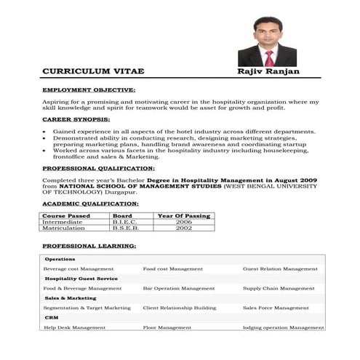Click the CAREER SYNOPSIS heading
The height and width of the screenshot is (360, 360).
click(x=76, y=119)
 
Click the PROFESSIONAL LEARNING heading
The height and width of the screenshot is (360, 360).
click(x=89, y=246)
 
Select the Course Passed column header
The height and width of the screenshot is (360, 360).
click(x=65, y=216)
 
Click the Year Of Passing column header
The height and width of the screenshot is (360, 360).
click(x=184, y=216)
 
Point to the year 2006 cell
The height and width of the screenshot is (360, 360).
click(x=184, y=222)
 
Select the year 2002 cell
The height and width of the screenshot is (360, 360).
click(x=184, y=228)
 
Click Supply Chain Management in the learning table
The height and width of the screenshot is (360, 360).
click(x=279, y=288)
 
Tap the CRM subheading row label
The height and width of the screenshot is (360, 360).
click(x=52, y=318)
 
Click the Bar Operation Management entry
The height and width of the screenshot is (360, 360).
click(x=179, y=288)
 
